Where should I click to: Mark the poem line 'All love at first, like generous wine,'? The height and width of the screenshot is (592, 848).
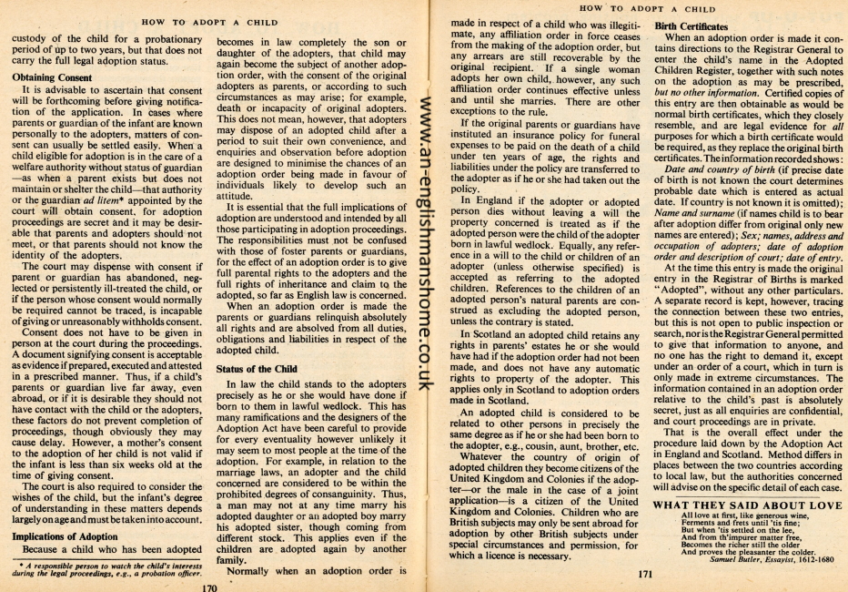click(x=735, y=515)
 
